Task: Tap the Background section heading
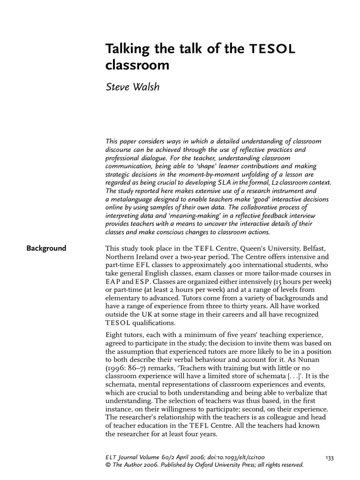point(46,248)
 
